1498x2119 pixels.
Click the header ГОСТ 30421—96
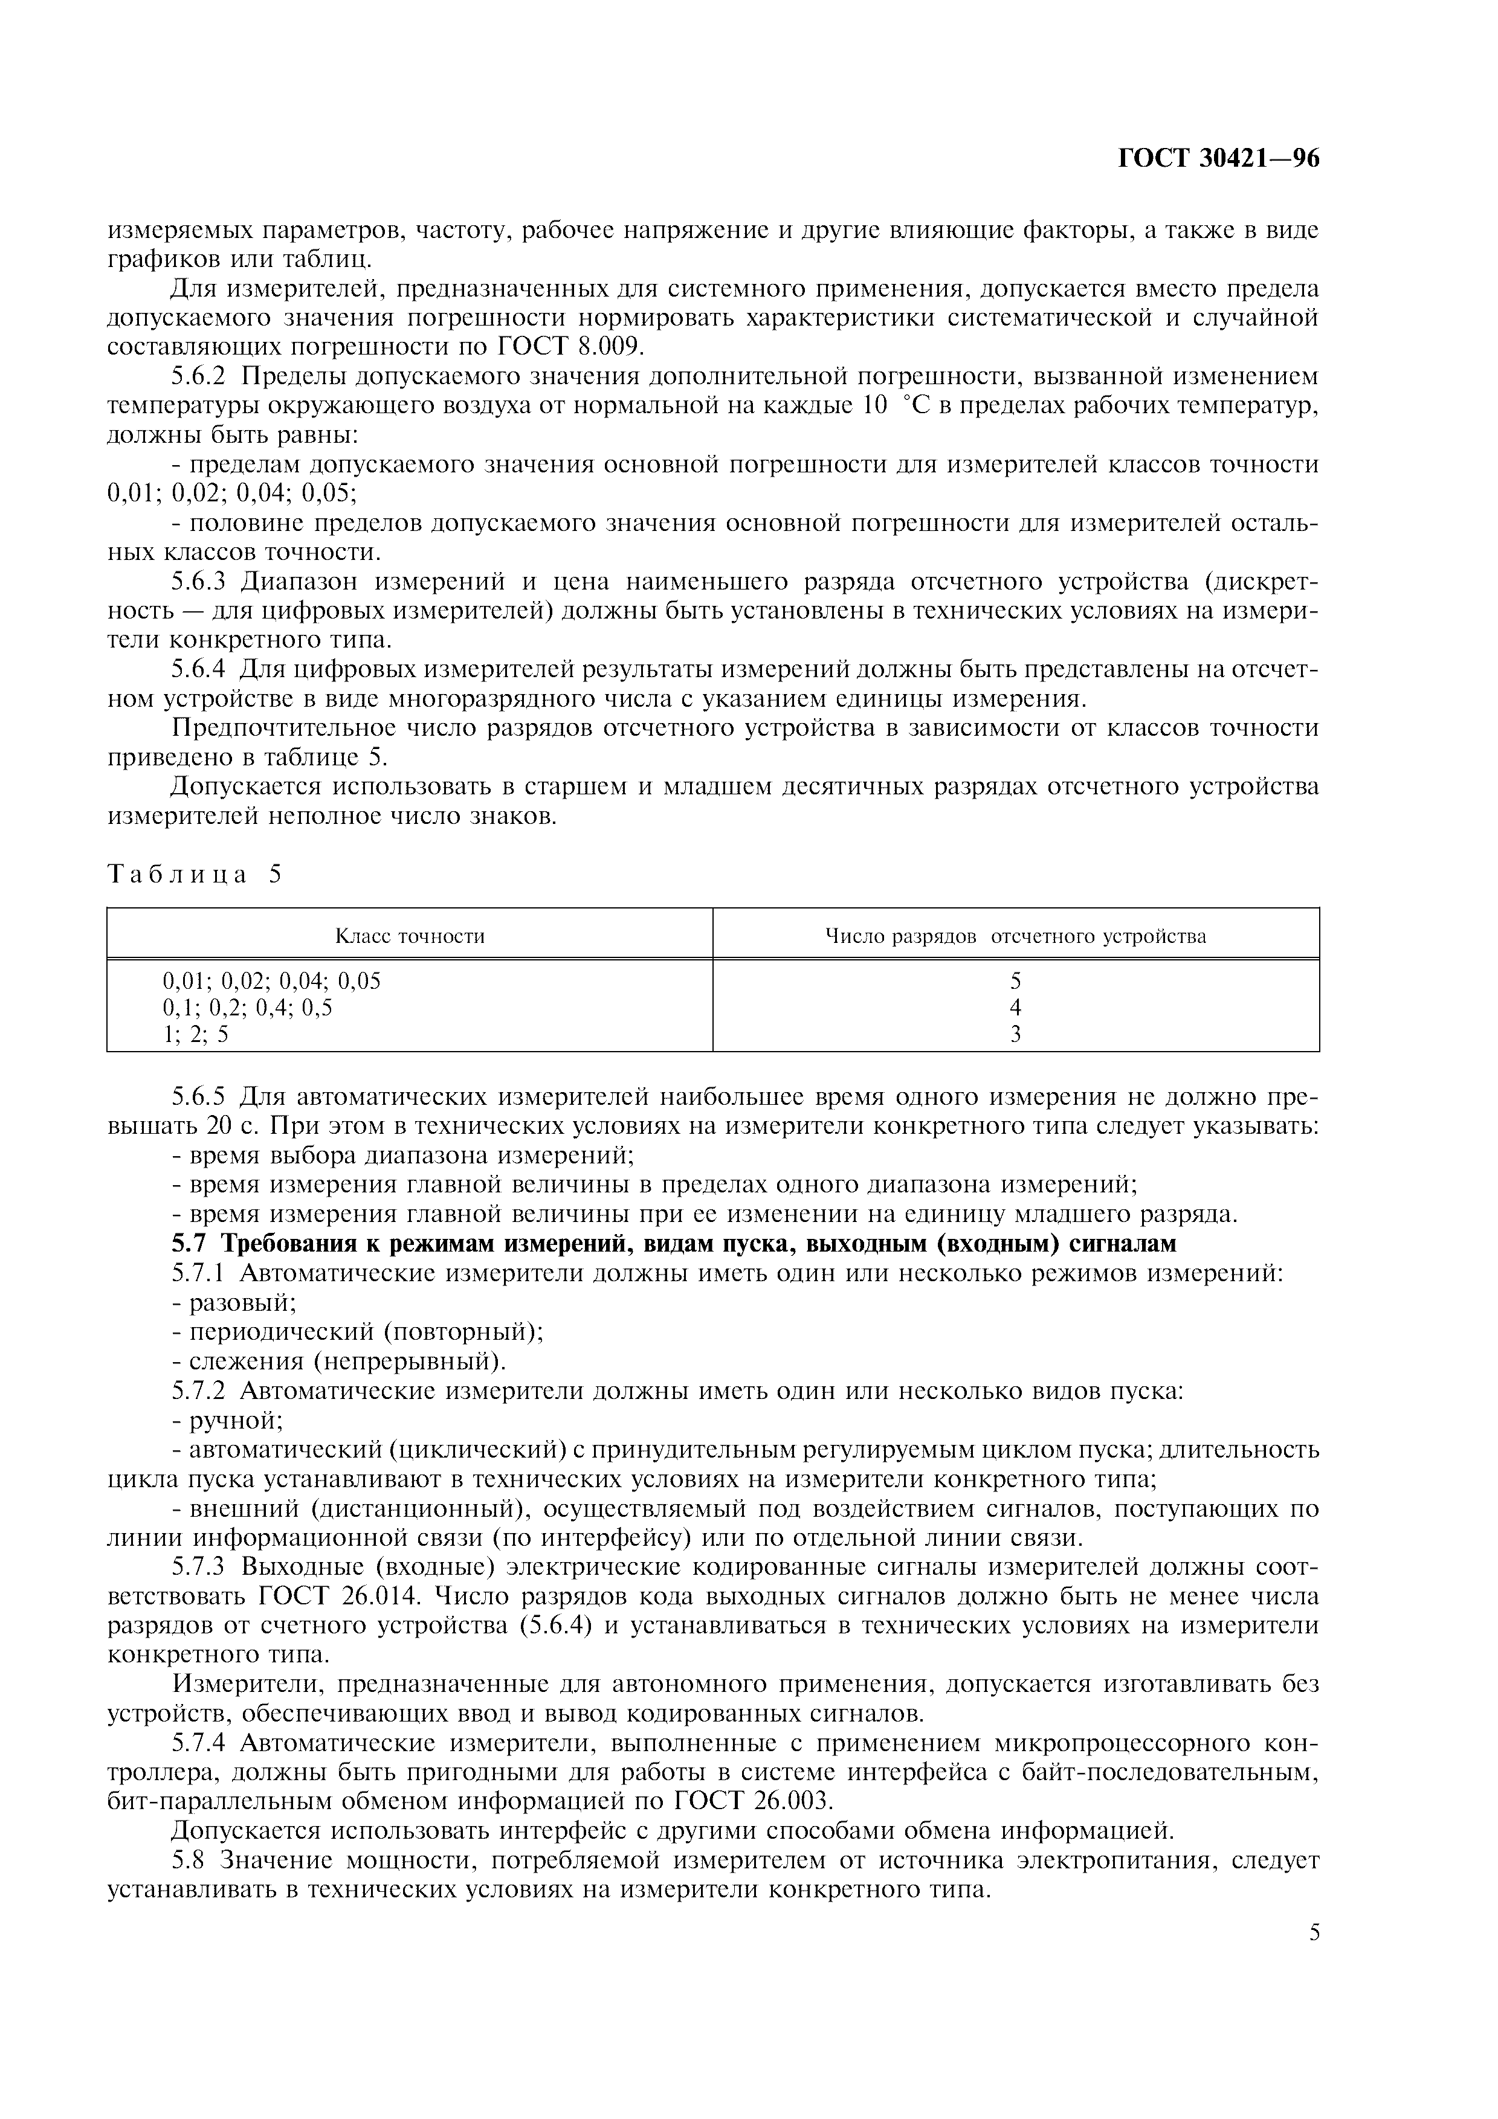1218,159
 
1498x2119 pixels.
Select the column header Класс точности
409,936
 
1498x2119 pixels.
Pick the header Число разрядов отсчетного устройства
1015,936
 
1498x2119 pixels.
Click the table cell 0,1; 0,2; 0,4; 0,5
247,1007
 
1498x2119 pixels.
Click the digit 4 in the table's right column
1015,1007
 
